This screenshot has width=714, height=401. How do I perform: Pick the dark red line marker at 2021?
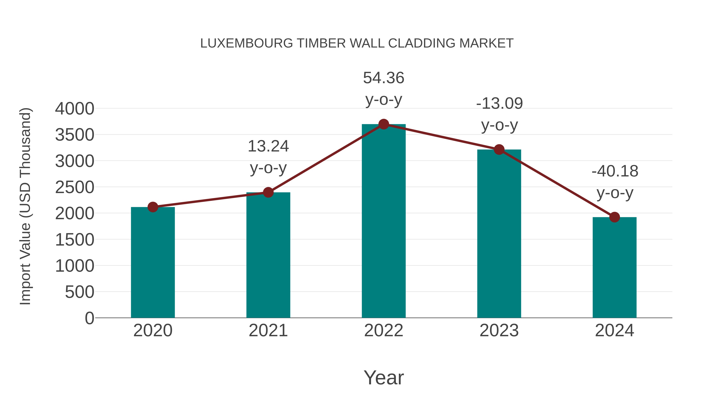(268, 192)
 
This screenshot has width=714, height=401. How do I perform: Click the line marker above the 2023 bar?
(499, 150)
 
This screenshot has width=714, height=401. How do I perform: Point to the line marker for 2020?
(153, 207)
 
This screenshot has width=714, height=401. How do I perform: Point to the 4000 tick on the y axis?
(75, 109)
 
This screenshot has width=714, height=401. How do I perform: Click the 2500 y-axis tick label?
(75, 187)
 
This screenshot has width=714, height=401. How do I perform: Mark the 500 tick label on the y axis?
(80, 292)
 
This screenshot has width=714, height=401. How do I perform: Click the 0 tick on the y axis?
(89, 318)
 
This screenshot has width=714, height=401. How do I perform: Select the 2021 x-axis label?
(268, 331)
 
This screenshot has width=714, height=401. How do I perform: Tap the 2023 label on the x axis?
(499, 331)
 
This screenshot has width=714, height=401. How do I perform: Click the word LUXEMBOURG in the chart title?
(246, 43)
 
